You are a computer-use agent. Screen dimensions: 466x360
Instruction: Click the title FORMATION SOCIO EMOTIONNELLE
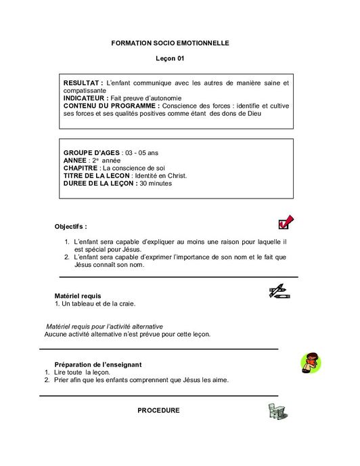tap(171, 43)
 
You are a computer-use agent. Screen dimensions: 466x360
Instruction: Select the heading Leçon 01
tap(171, 59)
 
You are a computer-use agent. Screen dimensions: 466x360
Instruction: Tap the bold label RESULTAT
tap(83, 83)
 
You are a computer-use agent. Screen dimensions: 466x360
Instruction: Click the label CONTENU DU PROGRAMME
tap(111, 106)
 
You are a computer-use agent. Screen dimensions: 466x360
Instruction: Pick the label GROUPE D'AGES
tap(90, 152)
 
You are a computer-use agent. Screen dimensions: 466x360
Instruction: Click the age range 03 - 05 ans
tap(141, 152)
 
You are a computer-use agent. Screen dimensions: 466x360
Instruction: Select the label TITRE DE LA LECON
tap(95, 175)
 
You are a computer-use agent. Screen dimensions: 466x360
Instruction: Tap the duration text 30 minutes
tap(156, 183)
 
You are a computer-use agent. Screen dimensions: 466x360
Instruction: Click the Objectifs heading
tap(70, 226)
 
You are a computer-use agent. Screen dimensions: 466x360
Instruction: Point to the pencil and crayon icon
tap(279, 292)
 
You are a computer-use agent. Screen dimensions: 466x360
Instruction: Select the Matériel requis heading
tap(77, 296)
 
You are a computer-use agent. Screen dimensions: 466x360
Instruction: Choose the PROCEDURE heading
tap(158, 410)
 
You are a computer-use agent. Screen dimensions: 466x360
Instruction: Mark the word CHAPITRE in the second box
tap(81, 168)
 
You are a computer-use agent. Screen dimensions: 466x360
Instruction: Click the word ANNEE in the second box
tap(75, 160)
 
